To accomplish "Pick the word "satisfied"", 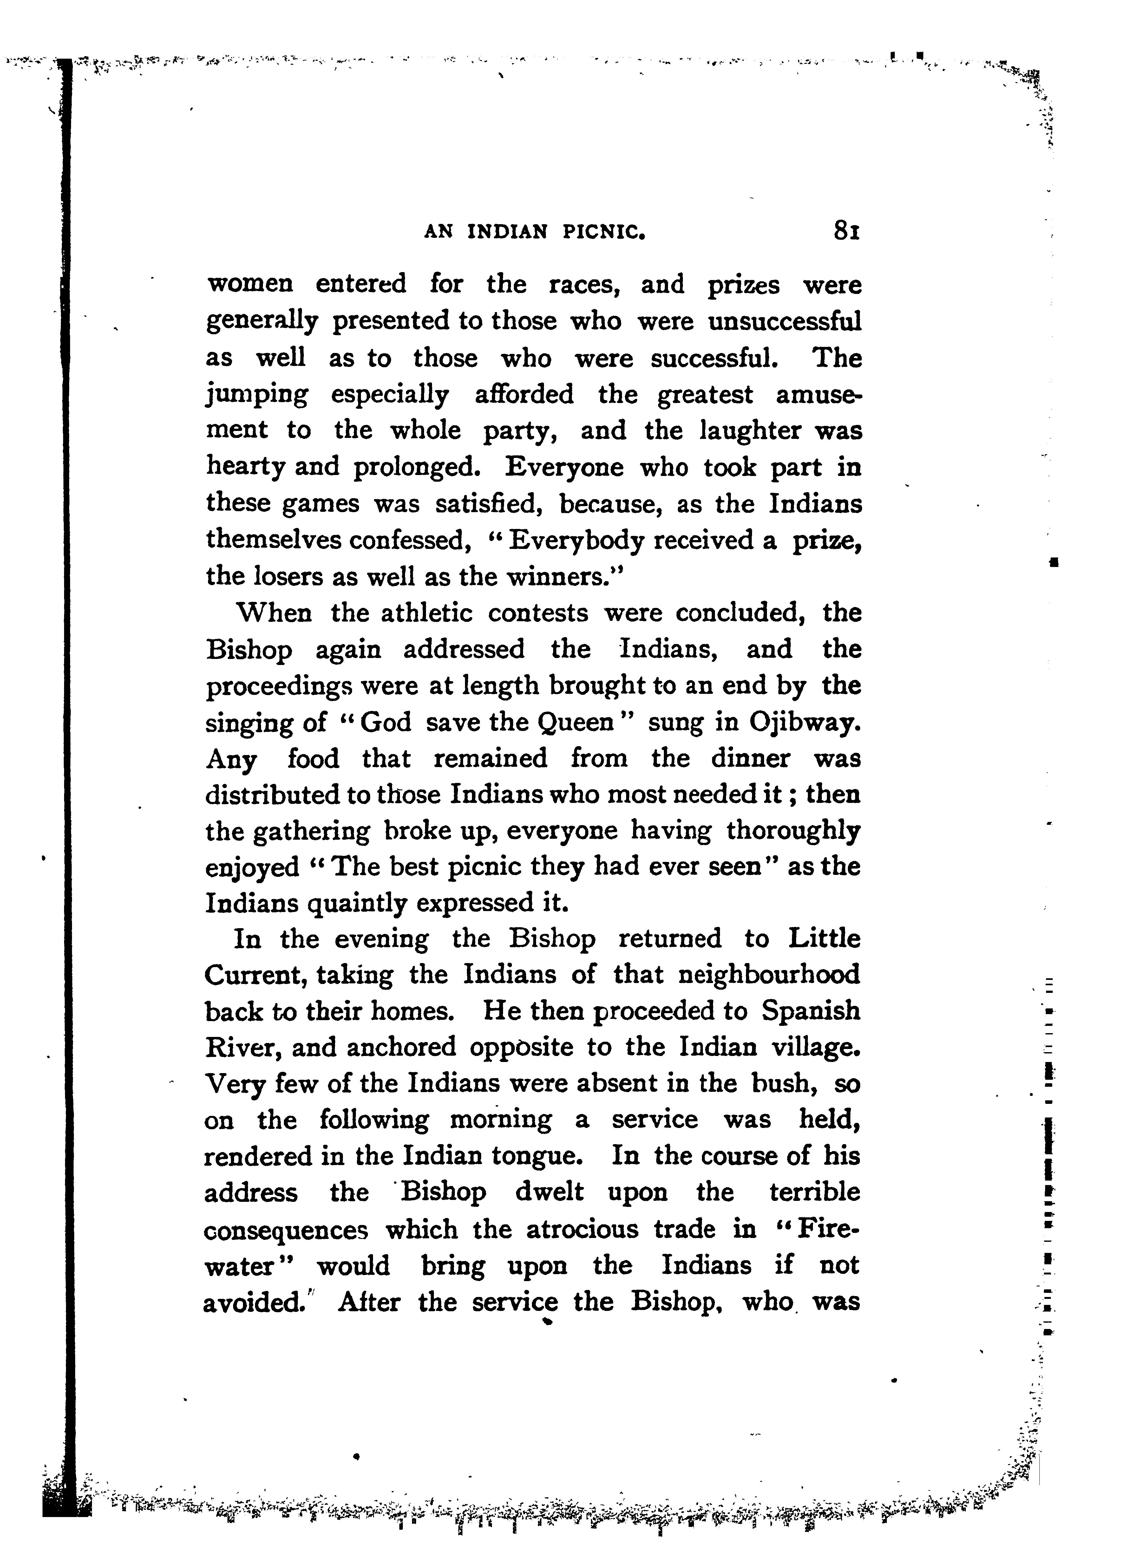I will point(490,504).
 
